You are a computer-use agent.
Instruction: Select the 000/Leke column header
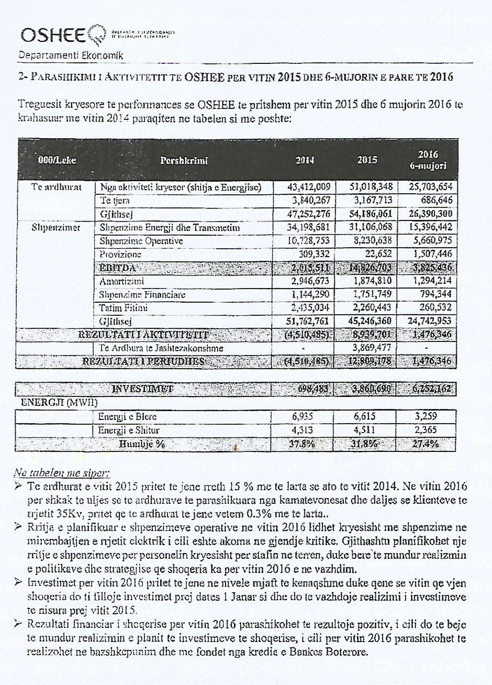point(57,160)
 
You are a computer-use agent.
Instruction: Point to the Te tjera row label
point(115,200)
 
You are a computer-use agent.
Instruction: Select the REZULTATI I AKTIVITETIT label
point(143,335)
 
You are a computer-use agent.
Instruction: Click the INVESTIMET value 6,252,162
point(427,389)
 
